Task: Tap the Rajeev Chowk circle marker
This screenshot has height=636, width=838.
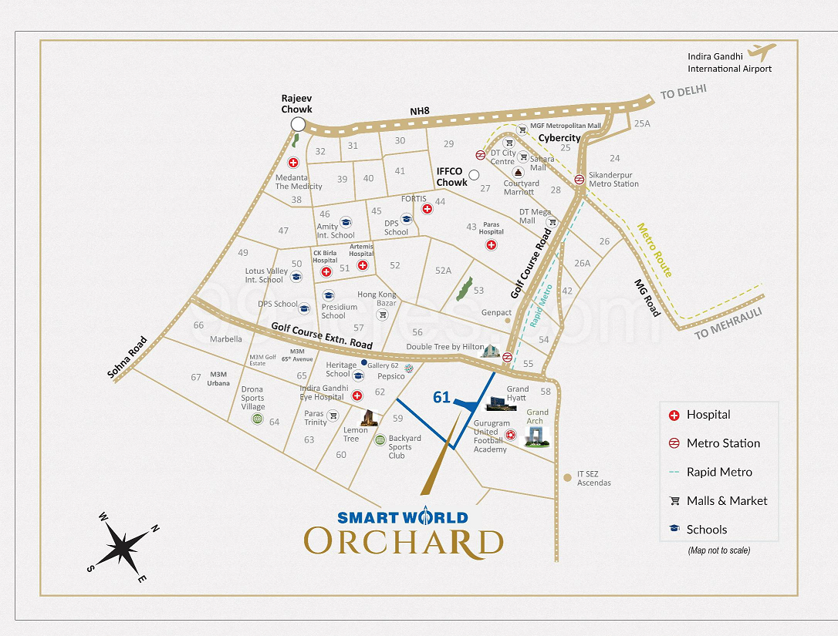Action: point(297,125)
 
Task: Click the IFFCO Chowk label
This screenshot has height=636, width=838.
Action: point(451,177)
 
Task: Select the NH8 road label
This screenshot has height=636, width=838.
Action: point(420,112)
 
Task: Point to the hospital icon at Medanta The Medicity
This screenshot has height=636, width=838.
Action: point(293,163)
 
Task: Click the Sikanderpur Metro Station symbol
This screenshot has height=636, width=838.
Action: point(579,180)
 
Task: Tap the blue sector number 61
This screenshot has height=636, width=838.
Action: point(441,398)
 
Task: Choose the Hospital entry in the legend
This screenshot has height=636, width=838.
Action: point(708,415)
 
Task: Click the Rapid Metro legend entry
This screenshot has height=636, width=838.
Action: point(718,472)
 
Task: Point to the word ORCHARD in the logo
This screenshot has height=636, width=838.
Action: point(403,542)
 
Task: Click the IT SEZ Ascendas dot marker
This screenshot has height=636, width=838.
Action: point(568,478)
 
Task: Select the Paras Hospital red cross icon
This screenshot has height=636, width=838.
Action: point(491,245)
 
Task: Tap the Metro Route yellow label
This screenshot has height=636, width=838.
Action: point(654,250)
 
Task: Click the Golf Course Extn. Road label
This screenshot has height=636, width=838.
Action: point(322,336)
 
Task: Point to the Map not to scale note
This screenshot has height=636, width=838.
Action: point(718,550)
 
